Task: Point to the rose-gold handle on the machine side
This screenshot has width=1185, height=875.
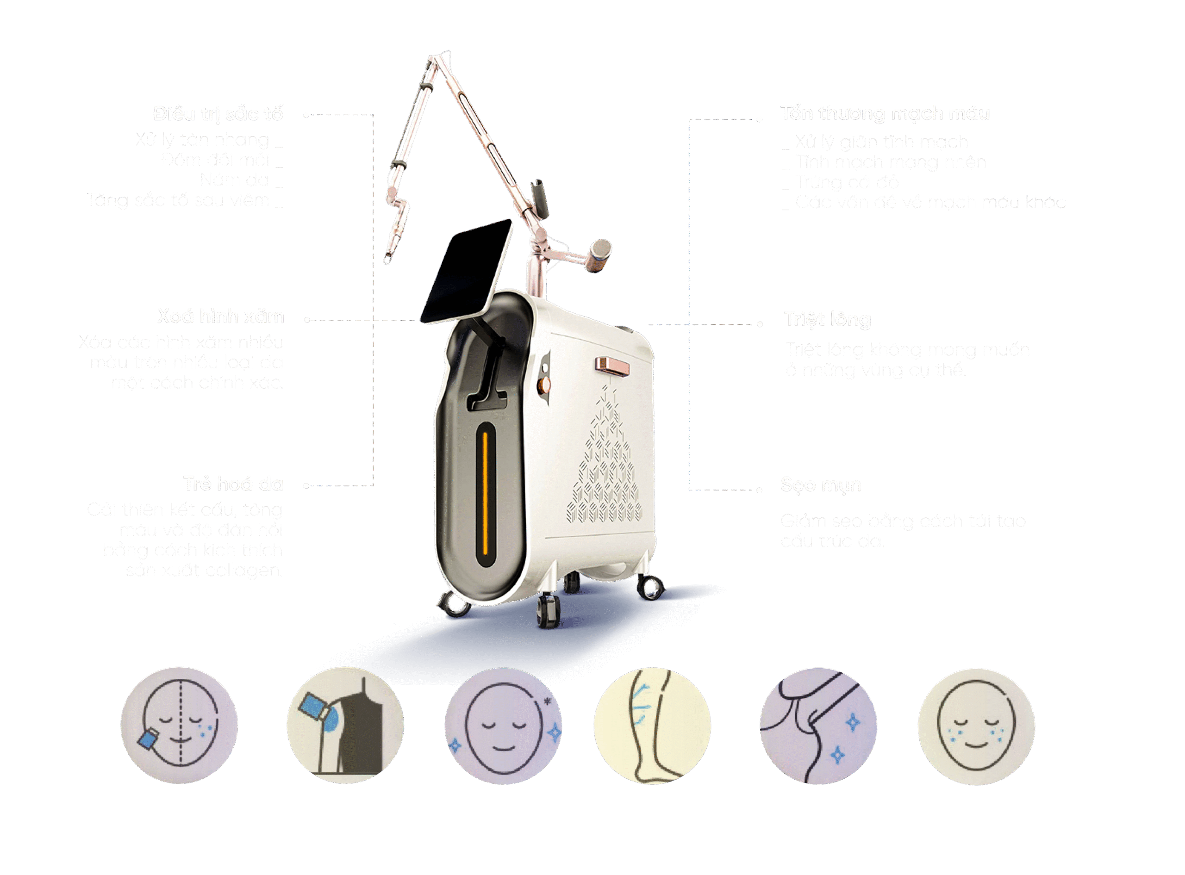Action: pyautogui.click(x=611, y=366)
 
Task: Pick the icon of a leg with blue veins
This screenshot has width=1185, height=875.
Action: pyautogui.click(x=652, y=726)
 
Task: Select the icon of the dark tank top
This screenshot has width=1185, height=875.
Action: pyautogui.click(x=345, y=726)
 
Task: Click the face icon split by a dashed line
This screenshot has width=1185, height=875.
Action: pyautogui.click(x=179, y=726)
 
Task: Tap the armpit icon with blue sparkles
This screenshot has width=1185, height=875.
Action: pyautogui.click(x=818, y=726)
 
